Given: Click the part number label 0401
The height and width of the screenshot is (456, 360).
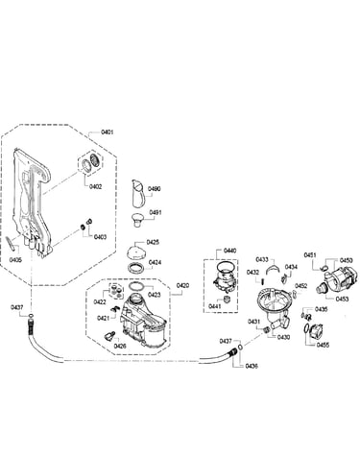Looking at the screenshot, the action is tap(107, 132).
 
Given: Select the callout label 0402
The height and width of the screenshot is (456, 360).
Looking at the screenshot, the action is tap(95, 186).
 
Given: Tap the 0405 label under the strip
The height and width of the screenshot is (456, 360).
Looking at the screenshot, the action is tap(15, 260).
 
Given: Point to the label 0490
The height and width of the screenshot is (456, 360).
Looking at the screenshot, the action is tap(154, 189).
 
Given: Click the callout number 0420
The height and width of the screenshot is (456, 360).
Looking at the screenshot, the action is tap(182, 285).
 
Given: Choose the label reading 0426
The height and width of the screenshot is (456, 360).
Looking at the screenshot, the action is tap(120, 346).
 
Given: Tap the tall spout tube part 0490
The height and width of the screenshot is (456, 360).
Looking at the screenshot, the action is tap(137, 194).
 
